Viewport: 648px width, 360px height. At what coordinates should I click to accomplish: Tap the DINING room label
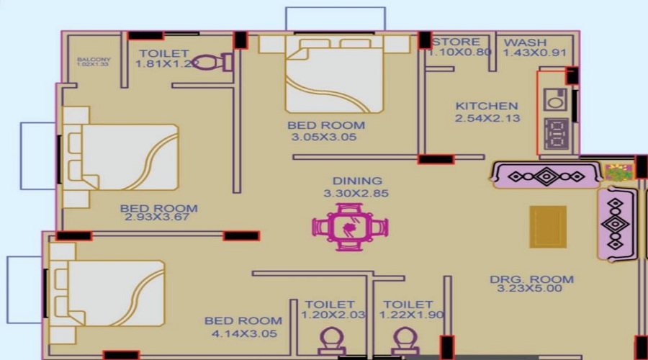coord(357,181)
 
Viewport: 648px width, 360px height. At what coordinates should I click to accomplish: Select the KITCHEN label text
coord(486,106)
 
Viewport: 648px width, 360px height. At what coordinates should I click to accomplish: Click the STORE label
coord(456,42)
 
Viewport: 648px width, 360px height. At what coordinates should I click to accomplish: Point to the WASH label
coord(525,42)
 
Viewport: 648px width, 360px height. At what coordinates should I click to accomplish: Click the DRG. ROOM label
coord(531,279)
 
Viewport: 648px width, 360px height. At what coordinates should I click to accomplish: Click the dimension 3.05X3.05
coord(323,137)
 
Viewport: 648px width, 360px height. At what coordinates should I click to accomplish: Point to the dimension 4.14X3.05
coord(243,333)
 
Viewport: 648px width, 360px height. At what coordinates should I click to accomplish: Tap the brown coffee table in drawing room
coord(548,227)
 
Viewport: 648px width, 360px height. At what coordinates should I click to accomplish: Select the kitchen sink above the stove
coord(556,98)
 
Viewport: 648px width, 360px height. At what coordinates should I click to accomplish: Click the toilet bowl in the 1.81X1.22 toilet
coord(210,62)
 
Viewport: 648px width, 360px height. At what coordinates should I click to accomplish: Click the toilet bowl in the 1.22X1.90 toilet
coord(405,338)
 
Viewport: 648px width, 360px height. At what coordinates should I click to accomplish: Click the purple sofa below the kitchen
coord(546,175)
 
